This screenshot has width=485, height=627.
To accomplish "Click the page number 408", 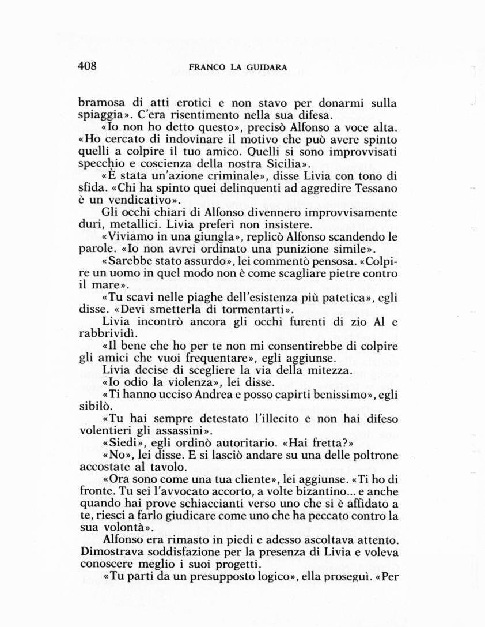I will coord(88,66).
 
